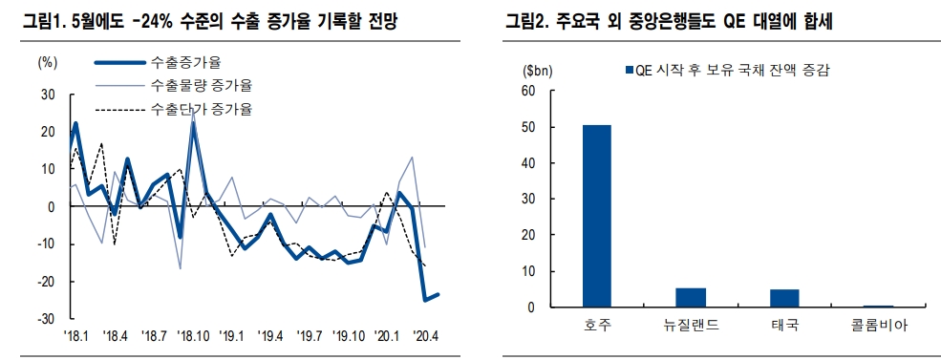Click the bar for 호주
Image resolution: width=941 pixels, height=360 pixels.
[x=597, y=216]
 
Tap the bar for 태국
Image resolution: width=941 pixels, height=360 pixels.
[x=784, y=298]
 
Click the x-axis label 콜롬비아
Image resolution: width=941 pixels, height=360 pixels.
[x=880, y=326]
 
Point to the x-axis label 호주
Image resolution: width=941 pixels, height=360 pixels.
[x=597, y=326]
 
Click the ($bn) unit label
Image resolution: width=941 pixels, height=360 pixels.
[x=536, y=70]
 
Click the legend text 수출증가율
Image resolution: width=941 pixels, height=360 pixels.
[x=185, y=63]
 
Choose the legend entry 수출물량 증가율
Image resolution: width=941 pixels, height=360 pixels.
[x=201, y=86]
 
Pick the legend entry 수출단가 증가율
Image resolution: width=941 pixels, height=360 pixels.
[x=201, y=109]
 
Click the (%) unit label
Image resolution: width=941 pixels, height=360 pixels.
[x=47, y=63]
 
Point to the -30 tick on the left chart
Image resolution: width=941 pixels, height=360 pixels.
[x=46, y=318]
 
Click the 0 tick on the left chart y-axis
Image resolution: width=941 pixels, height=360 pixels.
[x=52, y=206]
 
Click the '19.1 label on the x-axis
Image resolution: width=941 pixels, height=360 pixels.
[x=233, y=336]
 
